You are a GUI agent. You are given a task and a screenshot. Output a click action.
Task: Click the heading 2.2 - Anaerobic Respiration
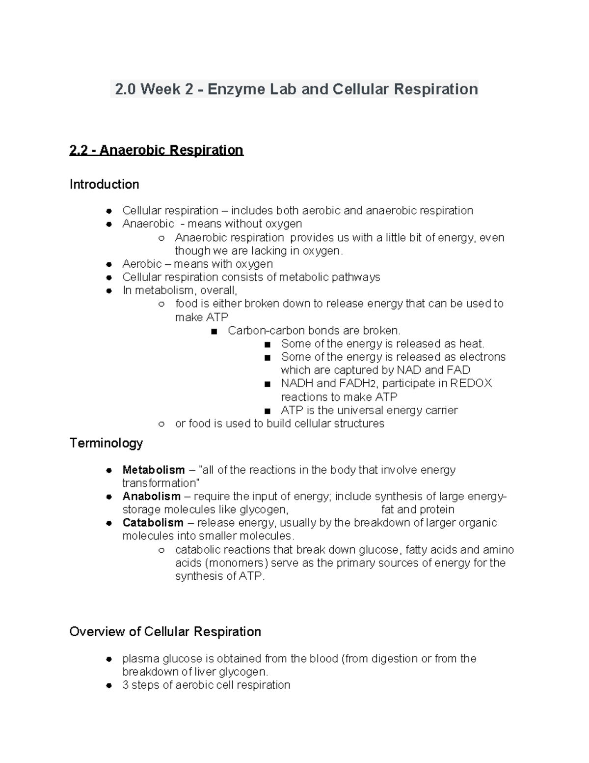point(156,150)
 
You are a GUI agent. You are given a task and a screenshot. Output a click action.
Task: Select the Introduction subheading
point(104,184)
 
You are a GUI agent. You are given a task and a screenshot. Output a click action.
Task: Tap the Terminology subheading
point(106,443)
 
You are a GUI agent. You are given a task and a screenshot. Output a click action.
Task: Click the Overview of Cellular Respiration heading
point(165,631)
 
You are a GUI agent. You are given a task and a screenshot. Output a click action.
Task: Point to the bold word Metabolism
point(153,470)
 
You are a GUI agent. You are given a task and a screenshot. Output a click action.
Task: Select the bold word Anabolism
point(151,496)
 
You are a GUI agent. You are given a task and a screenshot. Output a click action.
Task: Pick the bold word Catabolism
point(153,523)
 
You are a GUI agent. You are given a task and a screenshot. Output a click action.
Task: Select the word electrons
point(482,357)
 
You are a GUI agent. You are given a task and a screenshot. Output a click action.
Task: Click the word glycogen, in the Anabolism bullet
point(264,510)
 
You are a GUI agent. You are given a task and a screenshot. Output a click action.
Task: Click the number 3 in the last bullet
point(126,685)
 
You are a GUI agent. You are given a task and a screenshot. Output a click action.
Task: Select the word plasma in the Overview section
point(140,659)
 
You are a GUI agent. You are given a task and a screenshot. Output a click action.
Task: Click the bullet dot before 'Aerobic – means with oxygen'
point(109,264)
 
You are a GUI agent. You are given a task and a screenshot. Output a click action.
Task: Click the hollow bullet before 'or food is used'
point(161,424)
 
